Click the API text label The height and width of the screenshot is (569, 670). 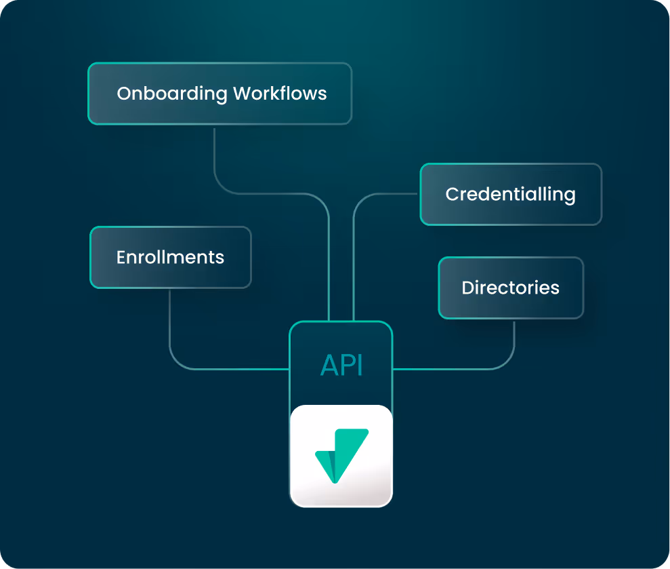341,366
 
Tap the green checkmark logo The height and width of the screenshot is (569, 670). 341,454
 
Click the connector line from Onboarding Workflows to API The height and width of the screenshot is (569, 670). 271,194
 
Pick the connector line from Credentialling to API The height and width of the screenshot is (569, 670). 354,258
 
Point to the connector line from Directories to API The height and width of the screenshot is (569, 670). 461,369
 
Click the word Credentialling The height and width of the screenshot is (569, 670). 510,195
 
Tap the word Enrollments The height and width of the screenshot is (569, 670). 170,258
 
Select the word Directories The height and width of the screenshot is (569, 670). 510,288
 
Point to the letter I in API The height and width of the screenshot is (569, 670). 360,366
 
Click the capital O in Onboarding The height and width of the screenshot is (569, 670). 124,94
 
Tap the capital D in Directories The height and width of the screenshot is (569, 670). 467,288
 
